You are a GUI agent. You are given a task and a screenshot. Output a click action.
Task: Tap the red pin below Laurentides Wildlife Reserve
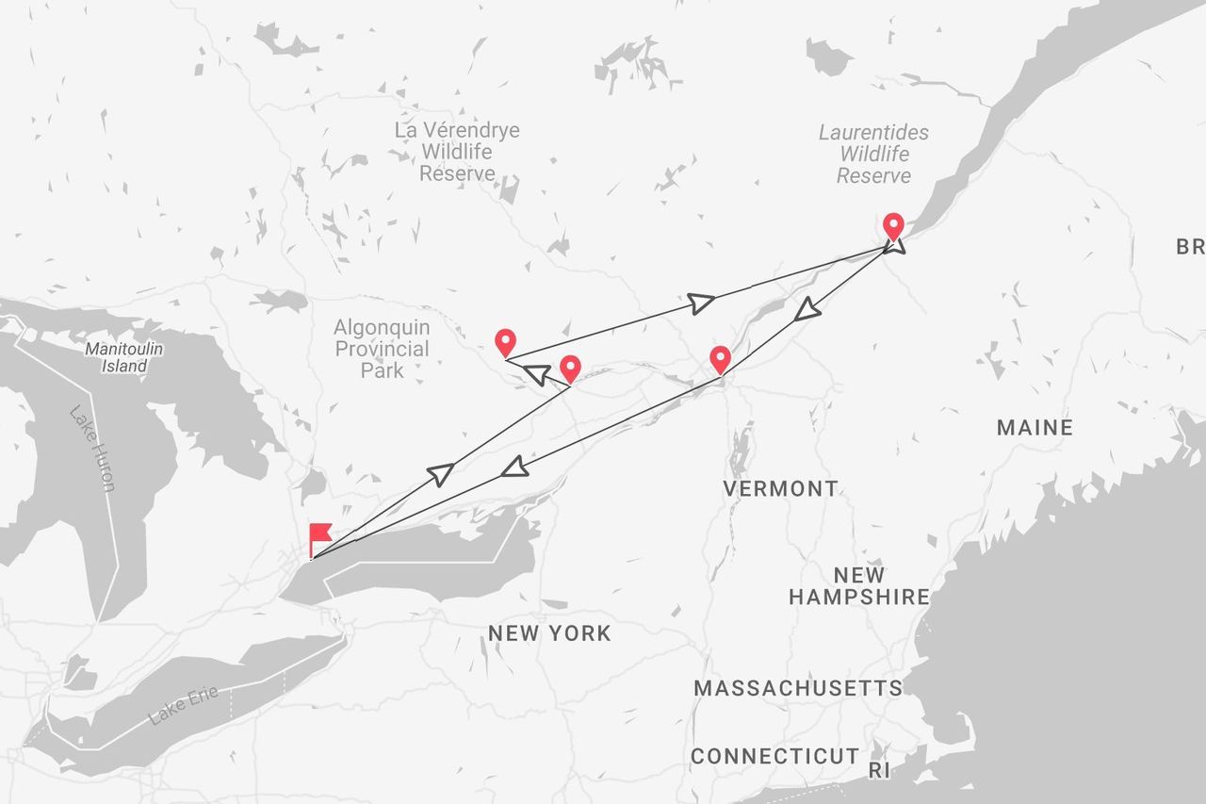(893, 226)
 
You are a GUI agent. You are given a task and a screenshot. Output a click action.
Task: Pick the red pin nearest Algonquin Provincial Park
(505, 342)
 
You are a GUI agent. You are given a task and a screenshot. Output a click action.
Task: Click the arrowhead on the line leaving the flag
(441, 473)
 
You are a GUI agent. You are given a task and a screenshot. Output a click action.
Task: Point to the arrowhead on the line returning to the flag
(513, 466)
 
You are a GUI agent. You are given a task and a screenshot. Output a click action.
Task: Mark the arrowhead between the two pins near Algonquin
(536, 375)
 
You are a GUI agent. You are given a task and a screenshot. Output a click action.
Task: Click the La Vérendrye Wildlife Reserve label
(457, 152)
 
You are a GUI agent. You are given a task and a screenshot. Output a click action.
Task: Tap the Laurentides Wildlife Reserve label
(873, 155)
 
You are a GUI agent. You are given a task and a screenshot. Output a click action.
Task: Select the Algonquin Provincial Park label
(382, 349)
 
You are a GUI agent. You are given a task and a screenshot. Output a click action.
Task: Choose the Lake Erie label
(183, 705)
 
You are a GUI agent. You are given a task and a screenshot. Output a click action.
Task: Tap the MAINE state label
(1035, 428)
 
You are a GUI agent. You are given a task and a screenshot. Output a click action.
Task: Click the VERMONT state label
(780, 488)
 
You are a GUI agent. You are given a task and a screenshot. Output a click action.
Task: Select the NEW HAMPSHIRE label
(859, 586)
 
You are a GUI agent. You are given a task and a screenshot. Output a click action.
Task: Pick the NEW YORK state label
(549, 633)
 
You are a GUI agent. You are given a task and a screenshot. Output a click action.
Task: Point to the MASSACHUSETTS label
(798, 688)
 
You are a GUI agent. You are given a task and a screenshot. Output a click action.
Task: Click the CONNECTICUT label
(774, 756)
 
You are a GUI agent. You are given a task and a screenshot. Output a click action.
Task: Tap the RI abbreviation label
(879, 770)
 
